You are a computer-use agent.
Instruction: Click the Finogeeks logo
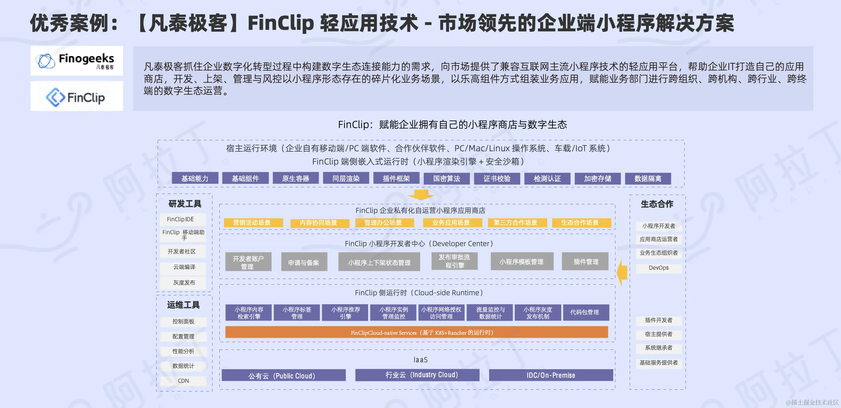pyautogui.click(x=77, y=61)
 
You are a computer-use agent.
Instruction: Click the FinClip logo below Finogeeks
pyautogui.click(x=77, y=97)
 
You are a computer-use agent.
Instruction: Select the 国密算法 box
pyautogui.click(x=446, y=178)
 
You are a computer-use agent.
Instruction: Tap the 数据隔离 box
pyautogui.click(x=648, y=178)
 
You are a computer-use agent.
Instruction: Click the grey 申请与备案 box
pyautogui.click(x=304, y=262)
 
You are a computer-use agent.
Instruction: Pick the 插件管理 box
pyautogui.click(x=585, y=262)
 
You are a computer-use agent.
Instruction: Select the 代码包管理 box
pyautogui.click(x=585, y=312)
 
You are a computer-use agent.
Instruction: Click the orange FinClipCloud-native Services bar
pyautogui.click(x=416, y=332)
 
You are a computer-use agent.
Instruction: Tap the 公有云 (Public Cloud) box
pyautogui.click(x=283, y=375)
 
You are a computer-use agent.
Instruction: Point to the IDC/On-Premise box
pyautogui.click(x=550, y=375)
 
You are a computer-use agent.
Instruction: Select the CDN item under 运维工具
pyautogui.click(x=183, y=381)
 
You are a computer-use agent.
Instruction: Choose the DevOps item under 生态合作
pyautogui.click(x=659, y=268)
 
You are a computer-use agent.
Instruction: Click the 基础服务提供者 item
pyautogui.click(x=659, y=363)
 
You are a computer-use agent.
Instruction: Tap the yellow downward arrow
pyautogui.click(x=420, y=195)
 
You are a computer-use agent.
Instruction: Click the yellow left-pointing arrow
pyautogui.click(x=622, y=273)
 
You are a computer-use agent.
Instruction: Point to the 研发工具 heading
pyautogui.click(x=185, y=204)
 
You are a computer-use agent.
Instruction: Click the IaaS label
pyautogui.click(x=420, y=360)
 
